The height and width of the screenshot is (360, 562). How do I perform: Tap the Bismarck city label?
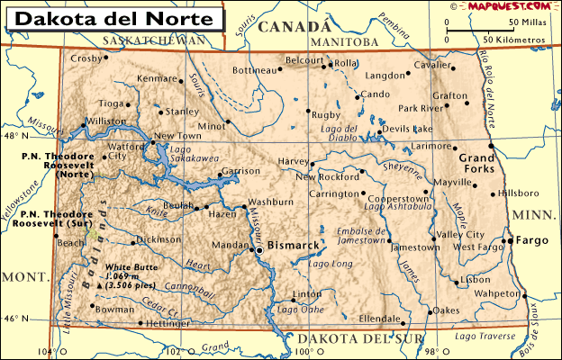(x=295, y=244)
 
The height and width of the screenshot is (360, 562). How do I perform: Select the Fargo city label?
(x=532, y=240)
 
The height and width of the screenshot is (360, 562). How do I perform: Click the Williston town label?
(x=106, y=120)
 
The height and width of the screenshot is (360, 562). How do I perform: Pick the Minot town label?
(x=211, y=125)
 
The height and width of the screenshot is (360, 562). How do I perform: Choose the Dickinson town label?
(x=159, y=240)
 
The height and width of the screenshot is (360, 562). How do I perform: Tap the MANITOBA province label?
(x=343, y=42)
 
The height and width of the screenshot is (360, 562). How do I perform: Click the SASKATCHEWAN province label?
(x=154, y=40)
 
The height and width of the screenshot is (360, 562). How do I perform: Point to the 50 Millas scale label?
(x=526, y=22)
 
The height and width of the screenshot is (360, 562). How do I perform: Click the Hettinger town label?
(x=168, y=322)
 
